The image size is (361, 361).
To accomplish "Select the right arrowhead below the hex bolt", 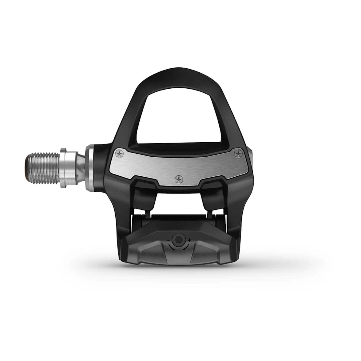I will click(x=184, y=250).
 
